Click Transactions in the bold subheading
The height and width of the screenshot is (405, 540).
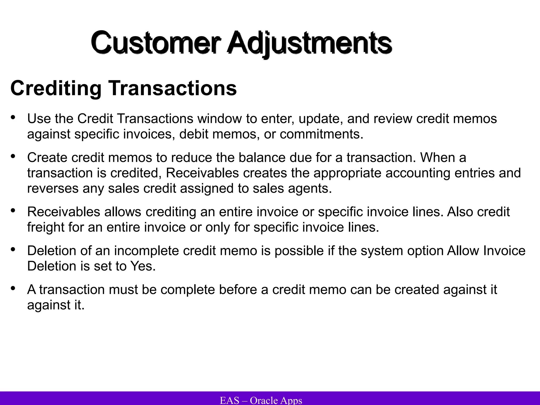tap(173, 88)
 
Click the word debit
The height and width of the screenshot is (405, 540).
tap(194, 134)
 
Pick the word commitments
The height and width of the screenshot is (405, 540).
tap(321, 134)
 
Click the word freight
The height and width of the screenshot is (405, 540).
tap(46, 227)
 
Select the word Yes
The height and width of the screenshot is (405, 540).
tap(143, 266)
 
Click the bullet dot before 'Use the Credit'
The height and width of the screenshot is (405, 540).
tap(13, 117)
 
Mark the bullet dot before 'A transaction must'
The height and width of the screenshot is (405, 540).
tap(13, 288)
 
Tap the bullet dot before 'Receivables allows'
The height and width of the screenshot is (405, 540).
tap(13, 210)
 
